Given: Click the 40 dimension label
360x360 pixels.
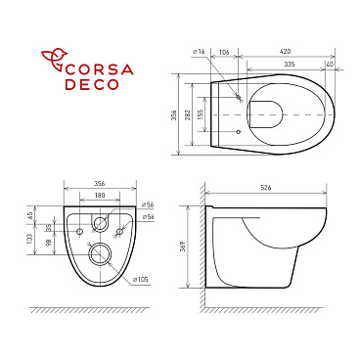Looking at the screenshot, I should pos(332,64).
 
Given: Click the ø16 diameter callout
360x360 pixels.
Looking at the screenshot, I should pos(198,50).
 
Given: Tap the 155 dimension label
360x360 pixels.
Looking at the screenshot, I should pos(202,113).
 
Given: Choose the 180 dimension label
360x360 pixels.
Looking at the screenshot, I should pos(99,194).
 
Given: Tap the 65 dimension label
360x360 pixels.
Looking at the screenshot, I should pos(30,213).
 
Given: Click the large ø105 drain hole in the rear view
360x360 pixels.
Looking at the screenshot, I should pos(99,255).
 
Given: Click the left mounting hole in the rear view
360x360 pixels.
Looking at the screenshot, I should pos(79,230).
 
